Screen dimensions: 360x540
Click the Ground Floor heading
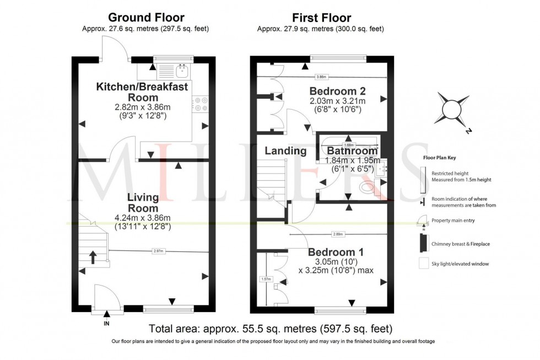coord(145,18)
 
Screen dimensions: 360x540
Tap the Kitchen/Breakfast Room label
coord(143,92)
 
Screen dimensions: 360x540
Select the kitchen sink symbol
coord(181,70)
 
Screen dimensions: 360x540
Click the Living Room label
coord(143,202)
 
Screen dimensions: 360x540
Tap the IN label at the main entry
coord(106,324)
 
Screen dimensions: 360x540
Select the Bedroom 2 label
coord(337,91)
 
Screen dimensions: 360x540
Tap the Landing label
coord(285,151)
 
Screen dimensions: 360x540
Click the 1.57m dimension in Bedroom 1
coord(265,279)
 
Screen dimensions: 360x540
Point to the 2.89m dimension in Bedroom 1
coord(338,234)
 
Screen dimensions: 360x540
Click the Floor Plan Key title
coord(439,157)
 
